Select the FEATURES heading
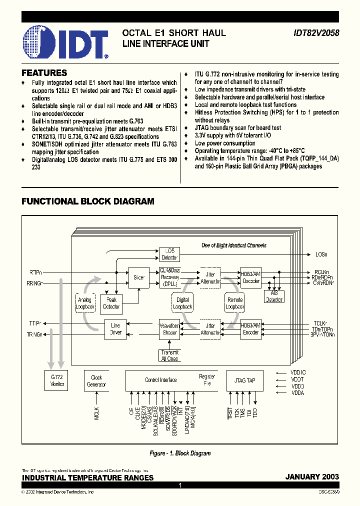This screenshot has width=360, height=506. (44, 73)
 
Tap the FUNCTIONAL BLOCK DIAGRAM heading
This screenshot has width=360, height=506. (87, 201)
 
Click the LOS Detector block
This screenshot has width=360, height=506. (169, 254)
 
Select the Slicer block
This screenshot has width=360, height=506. (139, 277)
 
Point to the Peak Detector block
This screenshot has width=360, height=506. (111, 303)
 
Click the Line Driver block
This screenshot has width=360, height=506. (115, 329)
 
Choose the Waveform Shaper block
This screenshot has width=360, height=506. (169, 329)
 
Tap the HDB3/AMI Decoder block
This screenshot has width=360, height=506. (250, 277)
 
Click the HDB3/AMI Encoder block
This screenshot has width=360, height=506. (250, 328)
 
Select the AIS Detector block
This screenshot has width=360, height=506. (273, 297)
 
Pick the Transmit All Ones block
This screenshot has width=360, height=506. (169, 355)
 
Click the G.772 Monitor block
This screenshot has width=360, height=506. (57, 380)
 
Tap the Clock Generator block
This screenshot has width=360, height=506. (96, 381)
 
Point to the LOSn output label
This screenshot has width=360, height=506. (321, 254)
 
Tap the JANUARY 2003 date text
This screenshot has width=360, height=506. (312, 477)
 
